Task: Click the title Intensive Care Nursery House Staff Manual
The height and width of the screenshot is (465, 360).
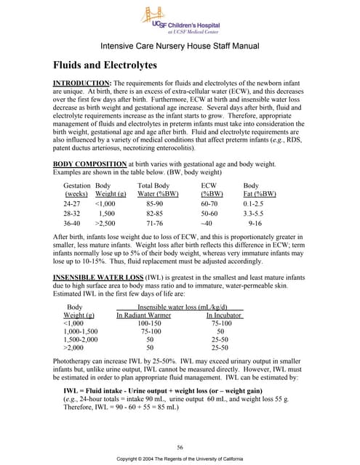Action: point(180,45)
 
